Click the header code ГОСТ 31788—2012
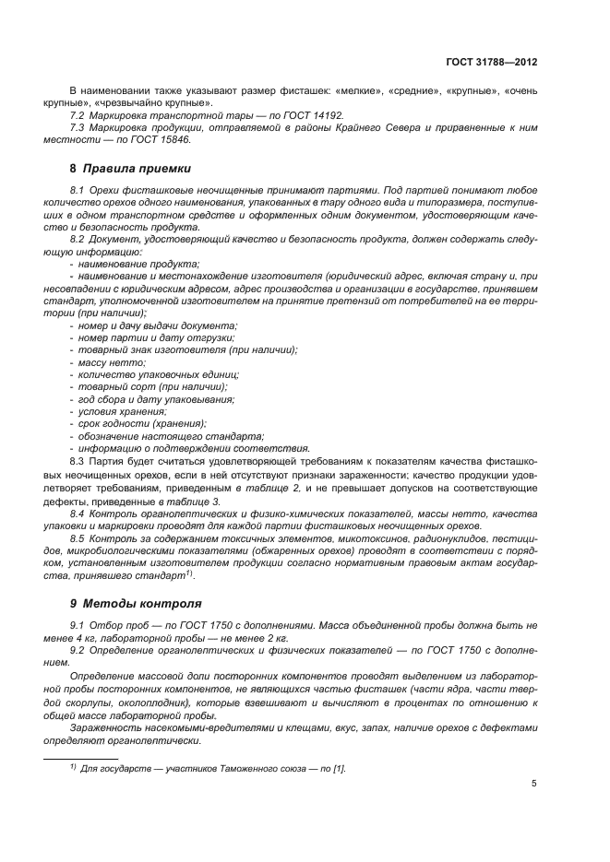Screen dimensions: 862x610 (x=494, y=62)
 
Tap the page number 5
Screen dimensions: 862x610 (x=533, y=784)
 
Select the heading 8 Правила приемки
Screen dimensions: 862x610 (x=131, y=169)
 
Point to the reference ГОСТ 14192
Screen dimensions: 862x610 (x=312, y=116)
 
